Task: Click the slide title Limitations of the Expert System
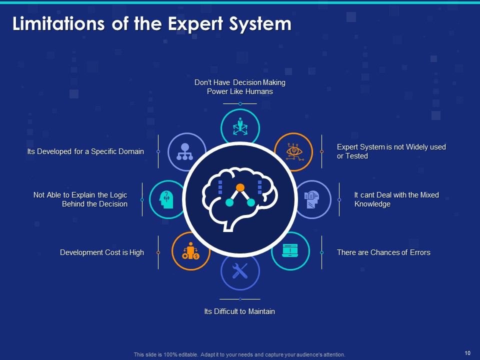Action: (151, 24)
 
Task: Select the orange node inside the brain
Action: (240, 187)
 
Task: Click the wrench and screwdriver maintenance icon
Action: (240, 271)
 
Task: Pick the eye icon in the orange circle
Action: (293, 151)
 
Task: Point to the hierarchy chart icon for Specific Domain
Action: (187, 151)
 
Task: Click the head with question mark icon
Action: (167, 199)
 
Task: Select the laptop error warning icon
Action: (290, 250)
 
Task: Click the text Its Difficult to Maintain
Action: (239, 311)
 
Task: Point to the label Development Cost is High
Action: (102, 252)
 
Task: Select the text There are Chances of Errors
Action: (383, 252)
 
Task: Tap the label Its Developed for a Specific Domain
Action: (85, 151)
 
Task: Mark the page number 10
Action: (467, 353)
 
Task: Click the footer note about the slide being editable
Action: (239, 354)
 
